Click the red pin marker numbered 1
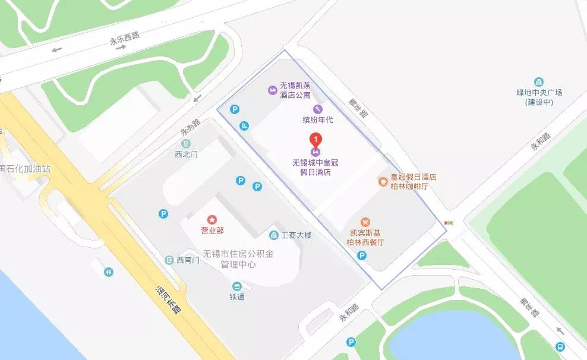pyautogui.click(x=317, y=141)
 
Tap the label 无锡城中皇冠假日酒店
pyautogui.click(x=315, y=167)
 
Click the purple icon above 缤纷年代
pyautogui.click(x=317, y=109)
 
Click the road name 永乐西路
pyautogui.click(x=124, y=39)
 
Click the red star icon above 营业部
pyautogui.click(x=212, y=220)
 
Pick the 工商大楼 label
pyautogui.click(x=296, y=235)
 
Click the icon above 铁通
pyautogui.click(x=237, y=286)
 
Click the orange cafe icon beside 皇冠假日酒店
pyautogui.click(x=384, y=182)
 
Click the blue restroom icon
pyautogui.click(x=108, y=271)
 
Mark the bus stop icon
pyautogui.click(x=560, y=347)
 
